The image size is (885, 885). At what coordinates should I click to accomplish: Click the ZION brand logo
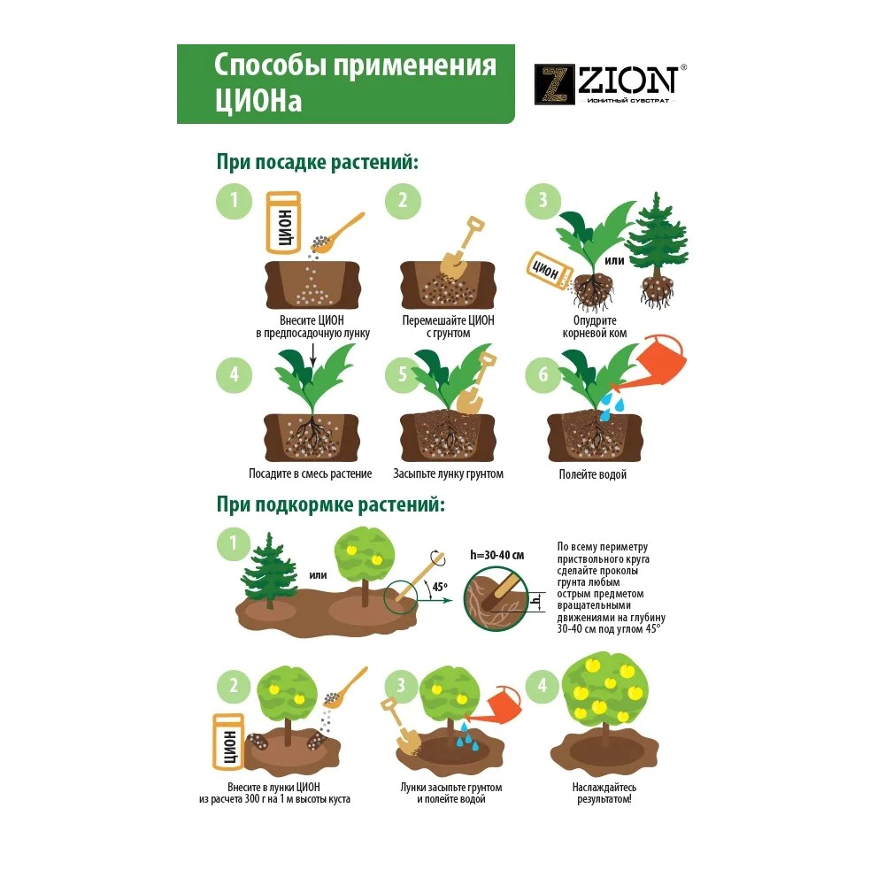pyautogui.click(x=610, y=84)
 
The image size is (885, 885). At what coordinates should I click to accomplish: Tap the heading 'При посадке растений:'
pyautogui.click(x=318, y=162)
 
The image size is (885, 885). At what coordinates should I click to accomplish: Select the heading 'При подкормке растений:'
pyautogui.click(x=331, y=504)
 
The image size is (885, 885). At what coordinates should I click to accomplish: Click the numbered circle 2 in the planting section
pyautogui.click(x=403, y=200)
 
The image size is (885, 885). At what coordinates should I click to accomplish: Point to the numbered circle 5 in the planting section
pyautogui.click(x=403, y=374)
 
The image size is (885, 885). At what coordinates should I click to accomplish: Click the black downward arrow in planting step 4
pyautogui.click(x=312, y=357)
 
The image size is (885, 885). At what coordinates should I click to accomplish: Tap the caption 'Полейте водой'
pyautogui.click(x=593, y=474)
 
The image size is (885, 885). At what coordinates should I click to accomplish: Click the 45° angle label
pyautogui.click(x=440, y=587)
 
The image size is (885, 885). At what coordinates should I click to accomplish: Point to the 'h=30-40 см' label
pyautogui.click(x=497, y=556)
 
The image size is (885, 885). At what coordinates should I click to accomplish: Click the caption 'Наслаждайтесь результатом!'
pyautogui.click(x=604, y=793)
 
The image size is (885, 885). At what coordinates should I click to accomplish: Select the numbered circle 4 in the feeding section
pyautogui.click(x=543, y=686)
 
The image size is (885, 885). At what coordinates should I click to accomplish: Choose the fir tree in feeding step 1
pyautogui.click(x=269, y=570)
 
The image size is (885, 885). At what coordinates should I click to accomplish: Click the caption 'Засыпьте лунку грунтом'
pyautogui.click(x=448, y=474)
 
